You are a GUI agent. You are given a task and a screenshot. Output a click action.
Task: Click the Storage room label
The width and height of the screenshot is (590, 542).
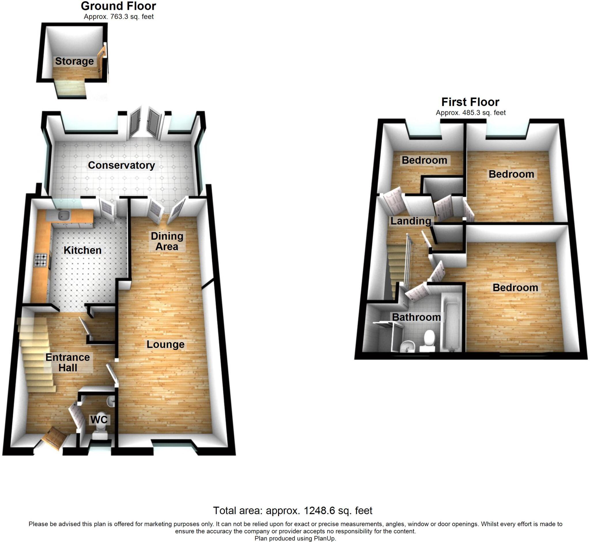[x=74, y=61]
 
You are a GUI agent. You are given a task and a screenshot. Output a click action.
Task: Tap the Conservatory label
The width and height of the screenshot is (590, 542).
[x=121, y=165]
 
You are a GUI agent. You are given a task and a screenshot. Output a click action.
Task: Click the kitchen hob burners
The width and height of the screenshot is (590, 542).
[x=41, y=260]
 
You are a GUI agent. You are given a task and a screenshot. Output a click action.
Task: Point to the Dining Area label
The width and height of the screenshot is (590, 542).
[x=167, y=241]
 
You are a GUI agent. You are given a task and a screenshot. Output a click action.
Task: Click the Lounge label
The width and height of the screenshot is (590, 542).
[x=165, y=344]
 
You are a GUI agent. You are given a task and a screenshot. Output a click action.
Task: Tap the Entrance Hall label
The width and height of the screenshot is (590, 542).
[x=67, y=362]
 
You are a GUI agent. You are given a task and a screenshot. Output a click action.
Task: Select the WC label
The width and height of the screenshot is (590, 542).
[x=99, y=420]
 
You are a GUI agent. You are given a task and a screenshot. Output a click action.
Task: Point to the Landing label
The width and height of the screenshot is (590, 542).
[x=411, y=221]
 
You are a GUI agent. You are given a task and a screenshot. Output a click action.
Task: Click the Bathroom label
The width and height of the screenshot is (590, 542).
[x=416, y=317]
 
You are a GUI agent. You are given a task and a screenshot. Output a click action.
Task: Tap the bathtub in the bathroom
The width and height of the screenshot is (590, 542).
[x=452, y=323]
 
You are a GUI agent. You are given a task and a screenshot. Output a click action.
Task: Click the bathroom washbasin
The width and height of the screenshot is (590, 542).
[x=407, y=346]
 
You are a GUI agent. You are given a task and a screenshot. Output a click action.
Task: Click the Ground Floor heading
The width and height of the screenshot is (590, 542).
[x=118, y=6]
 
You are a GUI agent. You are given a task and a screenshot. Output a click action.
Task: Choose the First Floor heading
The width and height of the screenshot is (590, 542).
[x=470, y=102]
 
